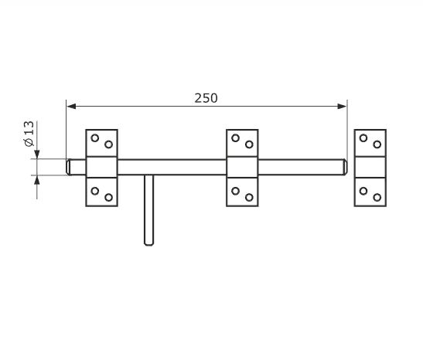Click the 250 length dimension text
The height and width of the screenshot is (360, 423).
[x=206, y=98]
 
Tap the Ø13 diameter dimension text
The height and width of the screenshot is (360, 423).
[x=29, y=134]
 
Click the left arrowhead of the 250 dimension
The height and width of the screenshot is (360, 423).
[x=71, y=106]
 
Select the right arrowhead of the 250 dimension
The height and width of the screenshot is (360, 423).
[x=342, y=106]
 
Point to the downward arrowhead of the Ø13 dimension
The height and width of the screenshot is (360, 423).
[x=37, y=155]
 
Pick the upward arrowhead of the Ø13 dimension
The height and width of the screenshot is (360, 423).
[x=37, y=179]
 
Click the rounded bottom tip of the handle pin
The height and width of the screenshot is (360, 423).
[x=149, y=244]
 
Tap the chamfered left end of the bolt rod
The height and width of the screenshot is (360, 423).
[x=69, y=167]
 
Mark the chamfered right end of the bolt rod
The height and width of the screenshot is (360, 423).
[x=345, y=167]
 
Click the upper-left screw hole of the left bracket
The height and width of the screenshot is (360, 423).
[x=94, y=138]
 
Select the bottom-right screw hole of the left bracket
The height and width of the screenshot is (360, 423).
[x=109, y=198]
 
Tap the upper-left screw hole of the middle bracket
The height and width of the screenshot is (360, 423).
[x=236, y=138]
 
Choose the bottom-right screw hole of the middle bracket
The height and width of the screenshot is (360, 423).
[x=249, y=198]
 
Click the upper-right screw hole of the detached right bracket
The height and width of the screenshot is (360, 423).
[x=377, y=144]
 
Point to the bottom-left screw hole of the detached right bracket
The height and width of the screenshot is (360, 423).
[x=363, y=191]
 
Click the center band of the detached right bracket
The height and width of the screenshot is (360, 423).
[x=370, y=167]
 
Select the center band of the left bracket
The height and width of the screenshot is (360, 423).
[x=102, y=167]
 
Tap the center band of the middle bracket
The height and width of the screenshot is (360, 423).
[x=242, y=167]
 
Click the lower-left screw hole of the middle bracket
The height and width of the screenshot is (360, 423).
[x=236, y=191]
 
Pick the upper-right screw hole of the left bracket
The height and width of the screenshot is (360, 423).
[x=109, y=144]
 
